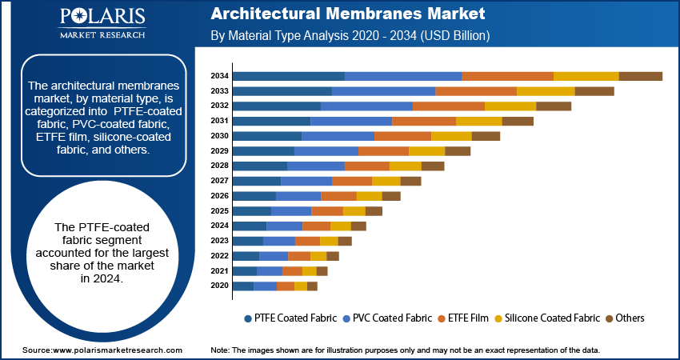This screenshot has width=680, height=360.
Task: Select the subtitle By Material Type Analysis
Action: (x=350, y=37)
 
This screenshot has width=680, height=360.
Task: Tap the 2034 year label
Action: (x=219, y=76)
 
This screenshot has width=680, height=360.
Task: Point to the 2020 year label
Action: (x=219, y=286)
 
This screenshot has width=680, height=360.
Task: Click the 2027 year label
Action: (x=219, y=181)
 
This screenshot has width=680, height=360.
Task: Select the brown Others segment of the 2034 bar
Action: (x=640, y=76)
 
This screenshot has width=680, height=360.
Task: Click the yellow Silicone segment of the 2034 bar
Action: (x=586, y=76)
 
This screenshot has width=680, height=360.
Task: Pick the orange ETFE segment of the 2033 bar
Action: (x=475, y=91)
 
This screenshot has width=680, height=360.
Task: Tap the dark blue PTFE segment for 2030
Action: (x=266, y=136)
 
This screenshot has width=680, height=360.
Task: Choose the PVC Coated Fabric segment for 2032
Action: (x=366, y=106)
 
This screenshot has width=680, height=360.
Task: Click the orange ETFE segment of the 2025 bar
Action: (x=326, y=210)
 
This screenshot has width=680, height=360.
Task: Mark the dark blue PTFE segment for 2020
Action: (x=242, y=286)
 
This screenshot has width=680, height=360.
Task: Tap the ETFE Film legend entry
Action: (x=463, y=318)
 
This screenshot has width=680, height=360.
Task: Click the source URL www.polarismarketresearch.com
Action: (x=102, y=350)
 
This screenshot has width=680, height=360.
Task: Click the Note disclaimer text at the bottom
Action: (x=405, y=350)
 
